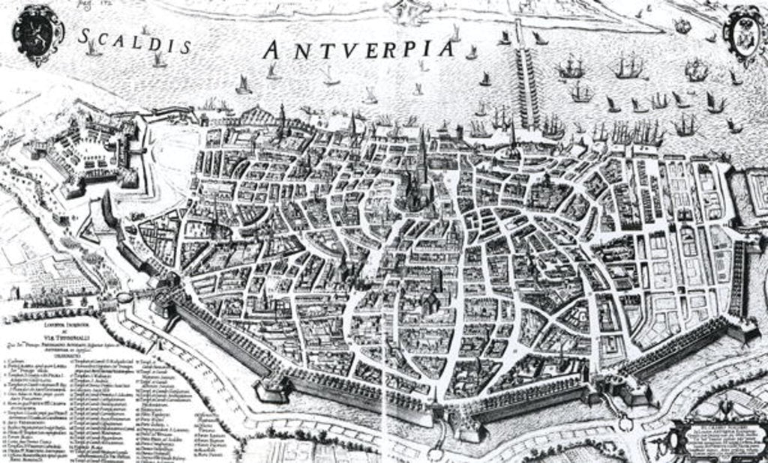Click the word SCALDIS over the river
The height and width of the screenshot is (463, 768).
[x=134, y=41]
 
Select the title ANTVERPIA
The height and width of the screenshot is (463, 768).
[x=360, y=49]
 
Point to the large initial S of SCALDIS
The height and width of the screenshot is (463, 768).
[x=85, y=35]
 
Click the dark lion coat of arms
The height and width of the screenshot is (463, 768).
[x=38, y=34]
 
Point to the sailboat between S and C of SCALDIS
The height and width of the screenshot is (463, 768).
[x=93, y=49]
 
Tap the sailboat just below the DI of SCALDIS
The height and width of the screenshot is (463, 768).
[x=159, y=60]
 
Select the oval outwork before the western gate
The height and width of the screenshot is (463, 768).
[x=124, y=297]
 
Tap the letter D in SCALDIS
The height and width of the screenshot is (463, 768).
[x=154, y=43]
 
